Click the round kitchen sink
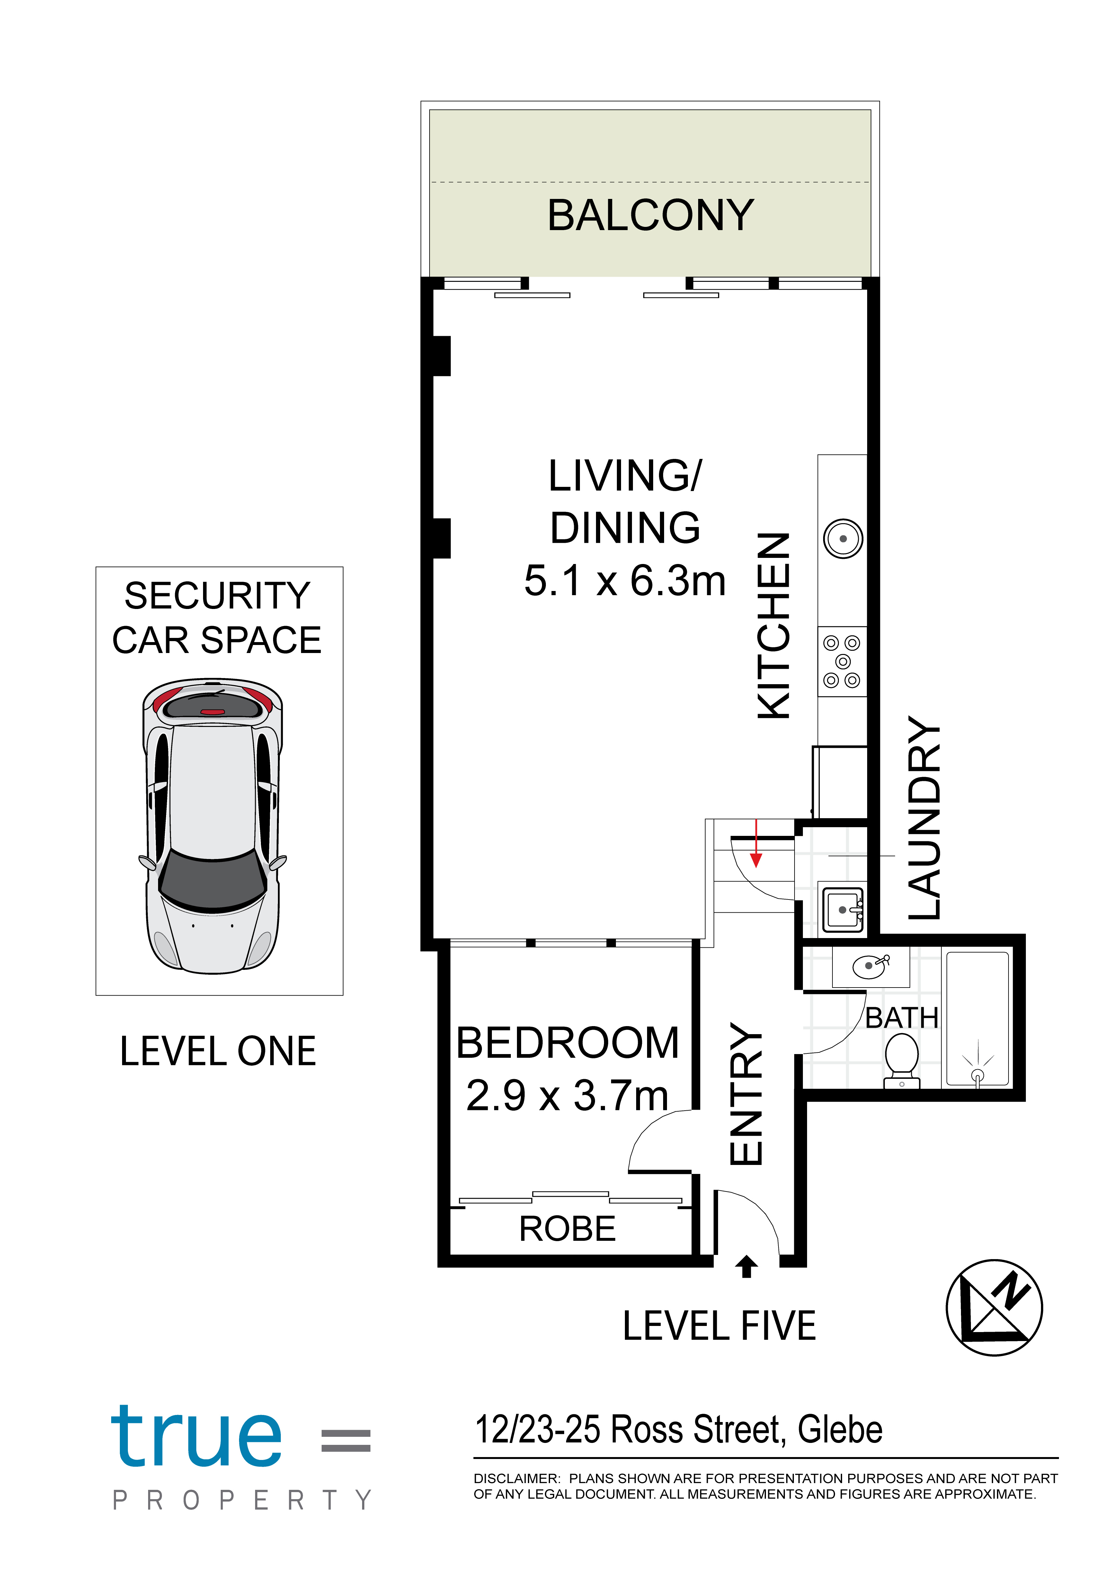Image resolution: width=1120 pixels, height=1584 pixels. [x=843, y=538]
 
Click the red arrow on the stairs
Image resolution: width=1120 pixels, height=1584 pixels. [x=757, y=843]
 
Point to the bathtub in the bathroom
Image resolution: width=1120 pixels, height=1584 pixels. [x=977, y=1019]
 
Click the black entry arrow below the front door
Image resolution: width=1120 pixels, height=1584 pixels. [x=746, y=1266]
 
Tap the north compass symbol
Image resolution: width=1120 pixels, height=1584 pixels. [x=994, y=1307]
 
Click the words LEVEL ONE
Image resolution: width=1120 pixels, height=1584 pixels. [x=218, y=1052]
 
